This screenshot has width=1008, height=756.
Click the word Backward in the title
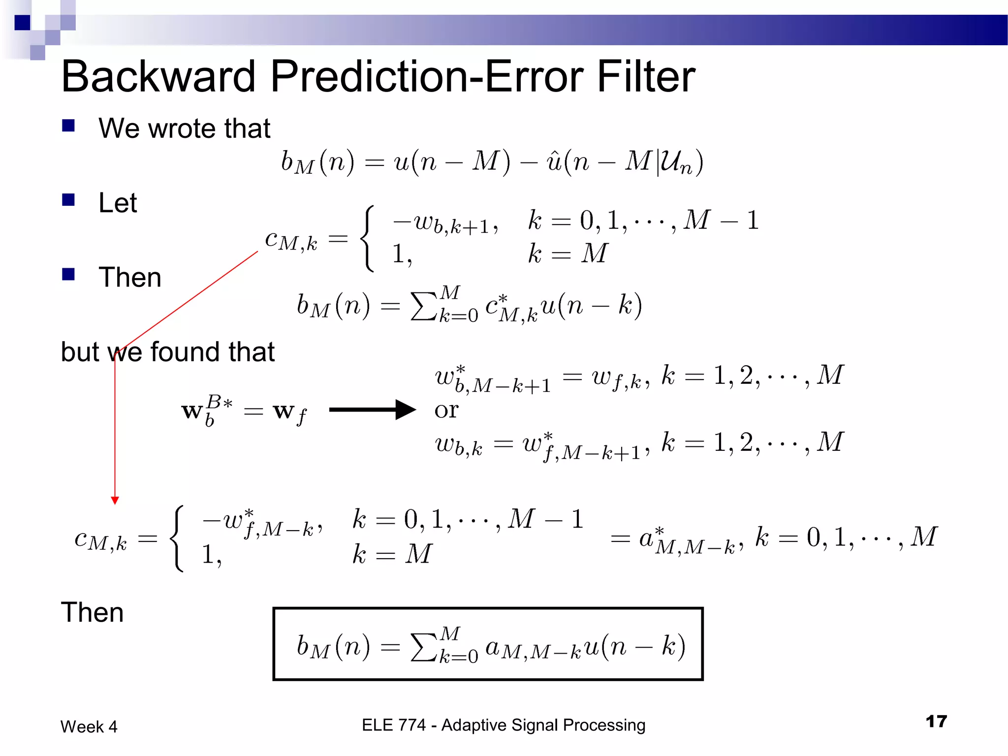point(158,77)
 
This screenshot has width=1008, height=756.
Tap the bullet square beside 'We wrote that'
point(68,126)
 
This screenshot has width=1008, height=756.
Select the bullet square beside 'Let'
point(68,200)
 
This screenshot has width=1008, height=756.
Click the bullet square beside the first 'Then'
point(68,274)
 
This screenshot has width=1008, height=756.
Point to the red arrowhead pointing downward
point(115,501)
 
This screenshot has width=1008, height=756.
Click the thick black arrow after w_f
point(372,409)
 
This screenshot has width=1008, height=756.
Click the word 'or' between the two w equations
point(446,410)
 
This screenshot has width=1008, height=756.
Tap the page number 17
point(936,722)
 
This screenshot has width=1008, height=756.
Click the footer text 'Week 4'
point(89,726)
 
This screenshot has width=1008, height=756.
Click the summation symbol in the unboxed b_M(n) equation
point(424,306)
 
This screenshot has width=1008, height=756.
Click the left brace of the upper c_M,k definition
point(368,239)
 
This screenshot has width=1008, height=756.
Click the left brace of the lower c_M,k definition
point(177,538)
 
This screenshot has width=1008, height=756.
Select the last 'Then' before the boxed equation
point(92,613)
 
